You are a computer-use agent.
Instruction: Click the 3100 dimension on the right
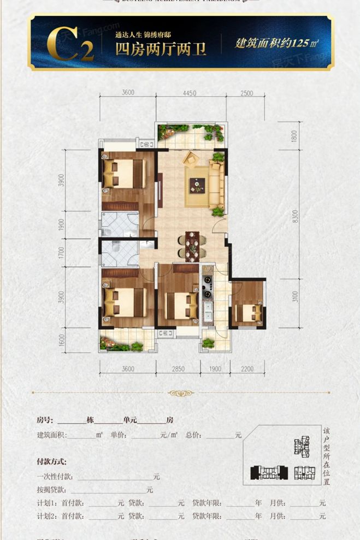pos(295,298)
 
